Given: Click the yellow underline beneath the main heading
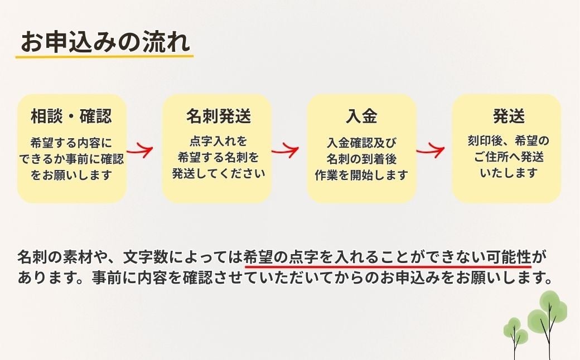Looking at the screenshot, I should pyautogui.click(x=104, y=56).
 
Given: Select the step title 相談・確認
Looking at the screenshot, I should pyautogui.click(x=71, y=116).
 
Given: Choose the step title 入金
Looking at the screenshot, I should pyautogui.click(x=361, y=116).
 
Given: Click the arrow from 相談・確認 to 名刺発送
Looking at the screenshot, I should pyautogui.click(x=140, y=150).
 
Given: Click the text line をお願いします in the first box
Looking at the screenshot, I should pyautogui.click(x=71, y=174).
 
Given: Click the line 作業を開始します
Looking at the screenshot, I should pyautogui.click(x=361, y=174).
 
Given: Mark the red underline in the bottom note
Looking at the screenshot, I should pyautogui.click(x=388, y=266).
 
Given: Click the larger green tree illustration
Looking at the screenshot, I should pyautogui.click(x=548, y=318).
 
